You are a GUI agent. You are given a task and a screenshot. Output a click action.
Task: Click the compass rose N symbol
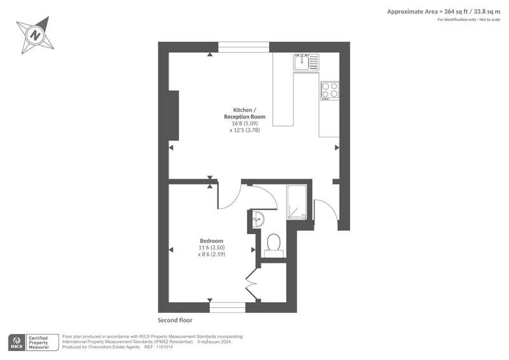(36, 34)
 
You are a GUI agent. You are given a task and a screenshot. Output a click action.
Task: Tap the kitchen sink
(307, 62)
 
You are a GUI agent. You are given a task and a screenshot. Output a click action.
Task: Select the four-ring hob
(330, 90)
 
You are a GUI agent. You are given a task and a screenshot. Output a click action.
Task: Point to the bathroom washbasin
(258, 219)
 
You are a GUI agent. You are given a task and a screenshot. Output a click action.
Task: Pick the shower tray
(296, 202)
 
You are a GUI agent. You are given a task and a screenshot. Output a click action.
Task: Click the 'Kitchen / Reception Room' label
(244, 113)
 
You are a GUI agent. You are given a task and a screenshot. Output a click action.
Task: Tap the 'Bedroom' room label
(211, 241)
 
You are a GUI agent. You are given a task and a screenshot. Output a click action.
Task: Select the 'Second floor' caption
(175, 320)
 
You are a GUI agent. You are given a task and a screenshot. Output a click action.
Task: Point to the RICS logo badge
(17, 342)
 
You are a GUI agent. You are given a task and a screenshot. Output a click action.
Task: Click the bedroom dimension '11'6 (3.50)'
(211, 247)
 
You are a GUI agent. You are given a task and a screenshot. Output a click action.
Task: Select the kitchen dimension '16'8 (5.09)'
(245, 123)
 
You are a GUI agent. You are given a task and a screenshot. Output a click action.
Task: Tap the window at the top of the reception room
(244, 47)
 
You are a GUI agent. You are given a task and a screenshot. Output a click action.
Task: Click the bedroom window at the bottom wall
(227, 307)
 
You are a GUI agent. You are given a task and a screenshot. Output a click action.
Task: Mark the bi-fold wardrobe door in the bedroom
(252, 285)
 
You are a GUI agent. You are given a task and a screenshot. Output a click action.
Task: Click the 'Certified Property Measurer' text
(38, 343)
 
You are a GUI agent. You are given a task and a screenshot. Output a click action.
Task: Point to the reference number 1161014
(164, 347)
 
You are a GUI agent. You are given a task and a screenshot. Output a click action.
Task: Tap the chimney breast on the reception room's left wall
(173, 115)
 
